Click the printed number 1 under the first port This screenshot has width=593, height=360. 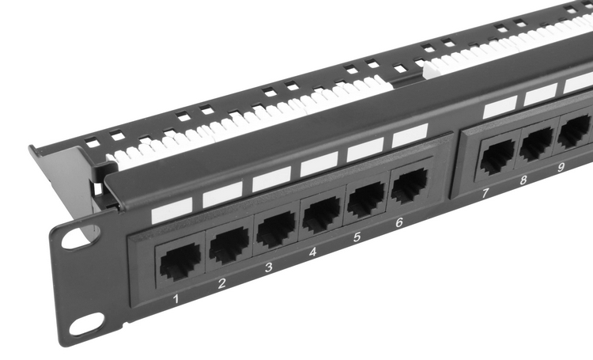(176, 299)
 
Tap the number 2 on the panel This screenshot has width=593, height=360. (222, 282)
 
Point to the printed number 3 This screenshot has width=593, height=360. (269, 267)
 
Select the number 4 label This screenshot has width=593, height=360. (313, 252)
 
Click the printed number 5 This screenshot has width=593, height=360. (357, 237)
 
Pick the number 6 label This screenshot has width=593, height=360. (399, 222)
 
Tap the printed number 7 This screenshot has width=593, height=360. (485, 193)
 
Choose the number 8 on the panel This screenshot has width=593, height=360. (523, 180)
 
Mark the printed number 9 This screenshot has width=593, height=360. (561, 167)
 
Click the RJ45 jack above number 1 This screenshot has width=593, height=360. (180, 262)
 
